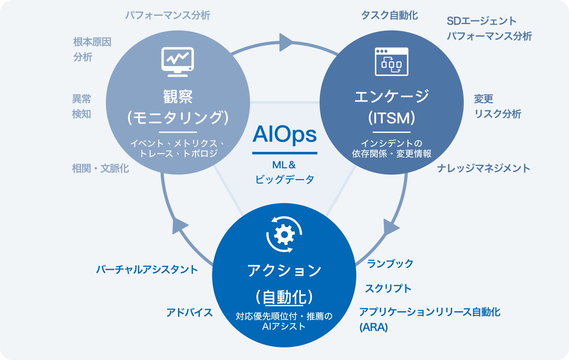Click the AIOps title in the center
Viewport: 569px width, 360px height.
click(284, 134)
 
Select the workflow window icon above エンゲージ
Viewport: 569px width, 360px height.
click(391, 62)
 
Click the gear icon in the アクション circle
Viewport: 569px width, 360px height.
click(284, 234)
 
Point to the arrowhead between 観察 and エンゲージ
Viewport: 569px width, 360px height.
click(285, 42)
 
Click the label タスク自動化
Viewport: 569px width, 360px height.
click(389, 15)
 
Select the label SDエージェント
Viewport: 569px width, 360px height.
click(481, 21)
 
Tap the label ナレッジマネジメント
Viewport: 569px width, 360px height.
click(483, 168)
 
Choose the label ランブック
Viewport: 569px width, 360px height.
click(390, 264)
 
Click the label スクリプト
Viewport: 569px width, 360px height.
click(388, 289)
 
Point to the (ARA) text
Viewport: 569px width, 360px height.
click(373, 327)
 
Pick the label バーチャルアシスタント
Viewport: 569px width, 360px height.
click(147, 270)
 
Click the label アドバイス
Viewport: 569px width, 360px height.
click(189, 313)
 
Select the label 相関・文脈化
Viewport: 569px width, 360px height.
click(100, 168)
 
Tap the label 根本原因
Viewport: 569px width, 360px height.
click(92, 42)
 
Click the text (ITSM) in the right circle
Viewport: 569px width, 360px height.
click(391, 118)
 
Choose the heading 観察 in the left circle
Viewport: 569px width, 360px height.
click(178, 96)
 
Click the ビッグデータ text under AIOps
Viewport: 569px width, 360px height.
click(284, 180)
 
